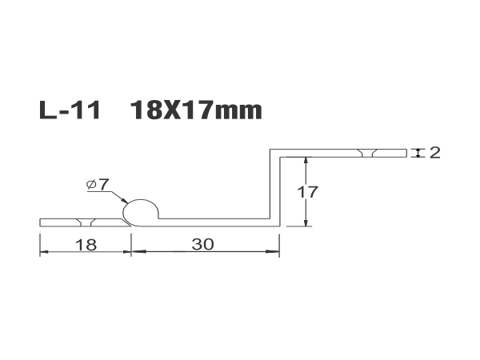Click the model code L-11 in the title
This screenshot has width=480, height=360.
point(70,110)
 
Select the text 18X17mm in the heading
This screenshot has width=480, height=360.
point(196,110)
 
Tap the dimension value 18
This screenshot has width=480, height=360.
point(86,245)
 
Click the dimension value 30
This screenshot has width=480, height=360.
point(202,244)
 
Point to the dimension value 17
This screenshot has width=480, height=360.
point(308,192)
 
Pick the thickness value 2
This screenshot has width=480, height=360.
point(434,153)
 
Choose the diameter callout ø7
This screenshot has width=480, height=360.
point(98,185)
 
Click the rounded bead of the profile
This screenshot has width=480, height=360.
point(141,211)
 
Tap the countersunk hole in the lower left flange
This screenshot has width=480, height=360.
point(86,222)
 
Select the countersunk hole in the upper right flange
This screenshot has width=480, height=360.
point(367,153)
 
